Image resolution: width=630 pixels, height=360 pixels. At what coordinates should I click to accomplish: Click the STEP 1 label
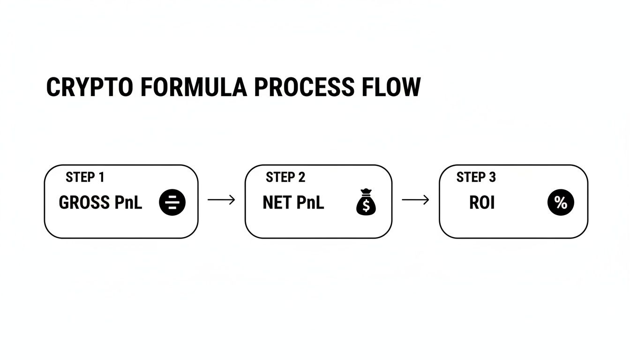(x=85, y=177)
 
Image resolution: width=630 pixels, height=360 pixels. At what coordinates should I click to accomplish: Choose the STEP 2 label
(x=285, y=177)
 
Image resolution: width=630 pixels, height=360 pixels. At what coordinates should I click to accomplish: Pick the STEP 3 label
(x=476, y=177)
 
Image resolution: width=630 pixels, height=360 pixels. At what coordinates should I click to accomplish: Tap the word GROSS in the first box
(x=83, y=203)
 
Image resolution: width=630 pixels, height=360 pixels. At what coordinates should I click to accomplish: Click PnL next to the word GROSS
(x=127, y=203)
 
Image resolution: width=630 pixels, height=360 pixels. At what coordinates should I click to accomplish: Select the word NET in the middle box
(x=277, y=203)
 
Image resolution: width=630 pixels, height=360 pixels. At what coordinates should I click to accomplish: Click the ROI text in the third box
(x=482, y=203)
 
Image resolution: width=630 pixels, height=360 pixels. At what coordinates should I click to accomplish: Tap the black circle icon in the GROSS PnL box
(x=172, y=202)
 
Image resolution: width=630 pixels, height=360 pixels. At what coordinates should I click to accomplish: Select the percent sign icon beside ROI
(x=561, y=202)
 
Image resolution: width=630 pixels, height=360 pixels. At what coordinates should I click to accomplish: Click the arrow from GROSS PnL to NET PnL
(x=221, y=200)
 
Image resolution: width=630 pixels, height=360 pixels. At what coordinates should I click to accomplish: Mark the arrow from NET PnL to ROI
(x=415, y=200)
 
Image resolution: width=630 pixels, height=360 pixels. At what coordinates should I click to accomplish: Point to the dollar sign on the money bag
(x=366, y=207)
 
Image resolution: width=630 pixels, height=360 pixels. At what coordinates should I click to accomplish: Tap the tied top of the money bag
(x=366, y=192)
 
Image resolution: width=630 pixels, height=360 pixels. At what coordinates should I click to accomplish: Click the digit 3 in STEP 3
(x=492, y=177)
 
